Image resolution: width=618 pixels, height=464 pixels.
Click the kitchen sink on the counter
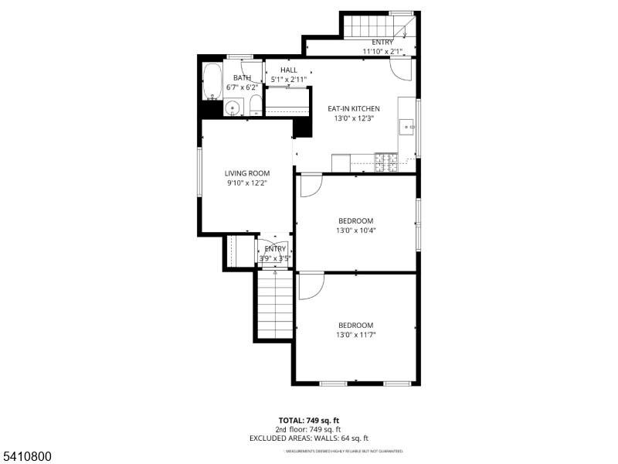pos(407,126)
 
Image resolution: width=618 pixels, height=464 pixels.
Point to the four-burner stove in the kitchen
pos(386,162)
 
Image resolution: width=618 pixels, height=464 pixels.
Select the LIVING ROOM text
pos(247,173)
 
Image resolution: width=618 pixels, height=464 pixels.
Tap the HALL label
pos(289,70)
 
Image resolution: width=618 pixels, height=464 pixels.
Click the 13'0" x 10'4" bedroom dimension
pos(355,230)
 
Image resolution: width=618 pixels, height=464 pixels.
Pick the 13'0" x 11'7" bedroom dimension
pos(355,335)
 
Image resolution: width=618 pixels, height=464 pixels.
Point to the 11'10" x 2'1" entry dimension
pos(383,52)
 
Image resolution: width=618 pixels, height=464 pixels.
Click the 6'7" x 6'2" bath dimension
pos(242,87)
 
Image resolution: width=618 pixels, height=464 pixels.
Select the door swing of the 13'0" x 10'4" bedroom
pos(311,185)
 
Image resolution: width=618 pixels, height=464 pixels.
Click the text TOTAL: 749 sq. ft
pos(309,421)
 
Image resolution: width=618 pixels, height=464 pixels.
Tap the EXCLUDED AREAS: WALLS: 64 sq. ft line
pos(309,438)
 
